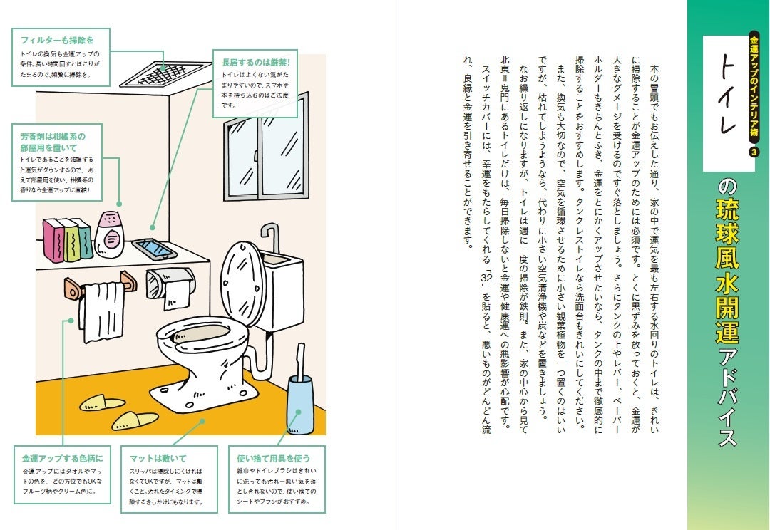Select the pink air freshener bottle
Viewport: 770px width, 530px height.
pos(109,234)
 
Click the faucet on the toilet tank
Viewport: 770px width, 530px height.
pos(271,237)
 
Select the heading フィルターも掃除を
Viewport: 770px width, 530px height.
pos(57,40)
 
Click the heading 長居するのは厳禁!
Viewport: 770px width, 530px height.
pos(255,62)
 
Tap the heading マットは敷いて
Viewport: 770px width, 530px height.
pos(158,458)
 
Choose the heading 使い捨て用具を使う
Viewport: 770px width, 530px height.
pos(274,458)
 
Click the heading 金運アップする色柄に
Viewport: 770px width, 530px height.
pos(62,458)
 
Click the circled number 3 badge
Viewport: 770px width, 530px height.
pos(754,152)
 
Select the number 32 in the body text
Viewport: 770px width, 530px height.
pos(486,278)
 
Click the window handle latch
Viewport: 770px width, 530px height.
pos(257,155)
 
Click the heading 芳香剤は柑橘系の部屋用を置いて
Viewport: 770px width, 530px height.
pos(53,142)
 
